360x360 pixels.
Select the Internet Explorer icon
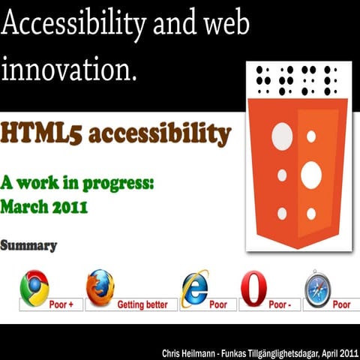(x=194, y=289)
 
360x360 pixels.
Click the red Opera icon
(x=253, y=289)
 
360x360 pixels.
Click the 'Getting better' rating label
(x=147, y=304)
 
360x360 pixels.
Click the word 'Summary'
(x=28, y=245)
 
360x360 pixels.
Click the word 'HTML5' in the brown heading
(x=33, y=134)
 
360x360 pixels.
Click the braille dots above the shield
(x=296, y=80)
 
